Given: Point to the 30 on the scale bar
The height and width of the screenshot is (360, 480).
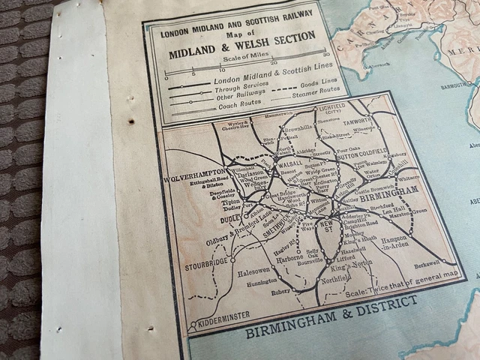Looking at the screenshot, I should point(325,55).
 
